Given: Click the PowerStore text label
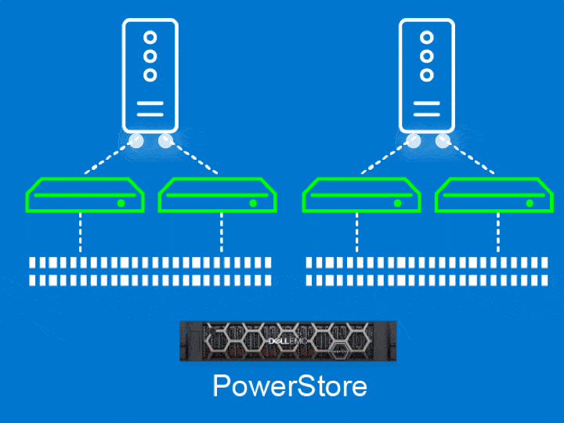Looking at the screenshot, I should [x=290, y=386].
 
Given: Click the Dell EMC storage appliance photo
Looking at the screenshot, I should [x=287, y=342].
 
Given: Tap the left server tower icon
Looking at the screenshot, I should [x=150, y=76].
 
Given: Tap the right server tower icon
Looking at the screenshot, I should [x=426, y=76].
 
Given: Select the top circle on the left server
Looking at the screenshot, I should [x=150, y=37].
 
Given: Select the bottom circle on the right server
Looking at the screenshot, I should [x=426, y=75].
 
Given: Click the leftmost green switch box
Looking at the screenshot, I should [x=85, y=196].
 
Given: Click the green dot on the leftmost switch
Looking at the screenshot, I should [x=121, y=203].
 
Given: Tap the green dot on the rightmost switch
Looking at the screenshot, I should [x=530, y=203].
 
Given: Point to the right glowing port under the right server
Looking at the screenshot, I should [x=443, y=141].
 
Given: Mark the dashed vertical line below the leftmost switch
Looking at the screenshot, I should [x=80, y=233].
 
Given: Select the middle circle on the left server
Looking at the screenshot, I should [x=150, y=56].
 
